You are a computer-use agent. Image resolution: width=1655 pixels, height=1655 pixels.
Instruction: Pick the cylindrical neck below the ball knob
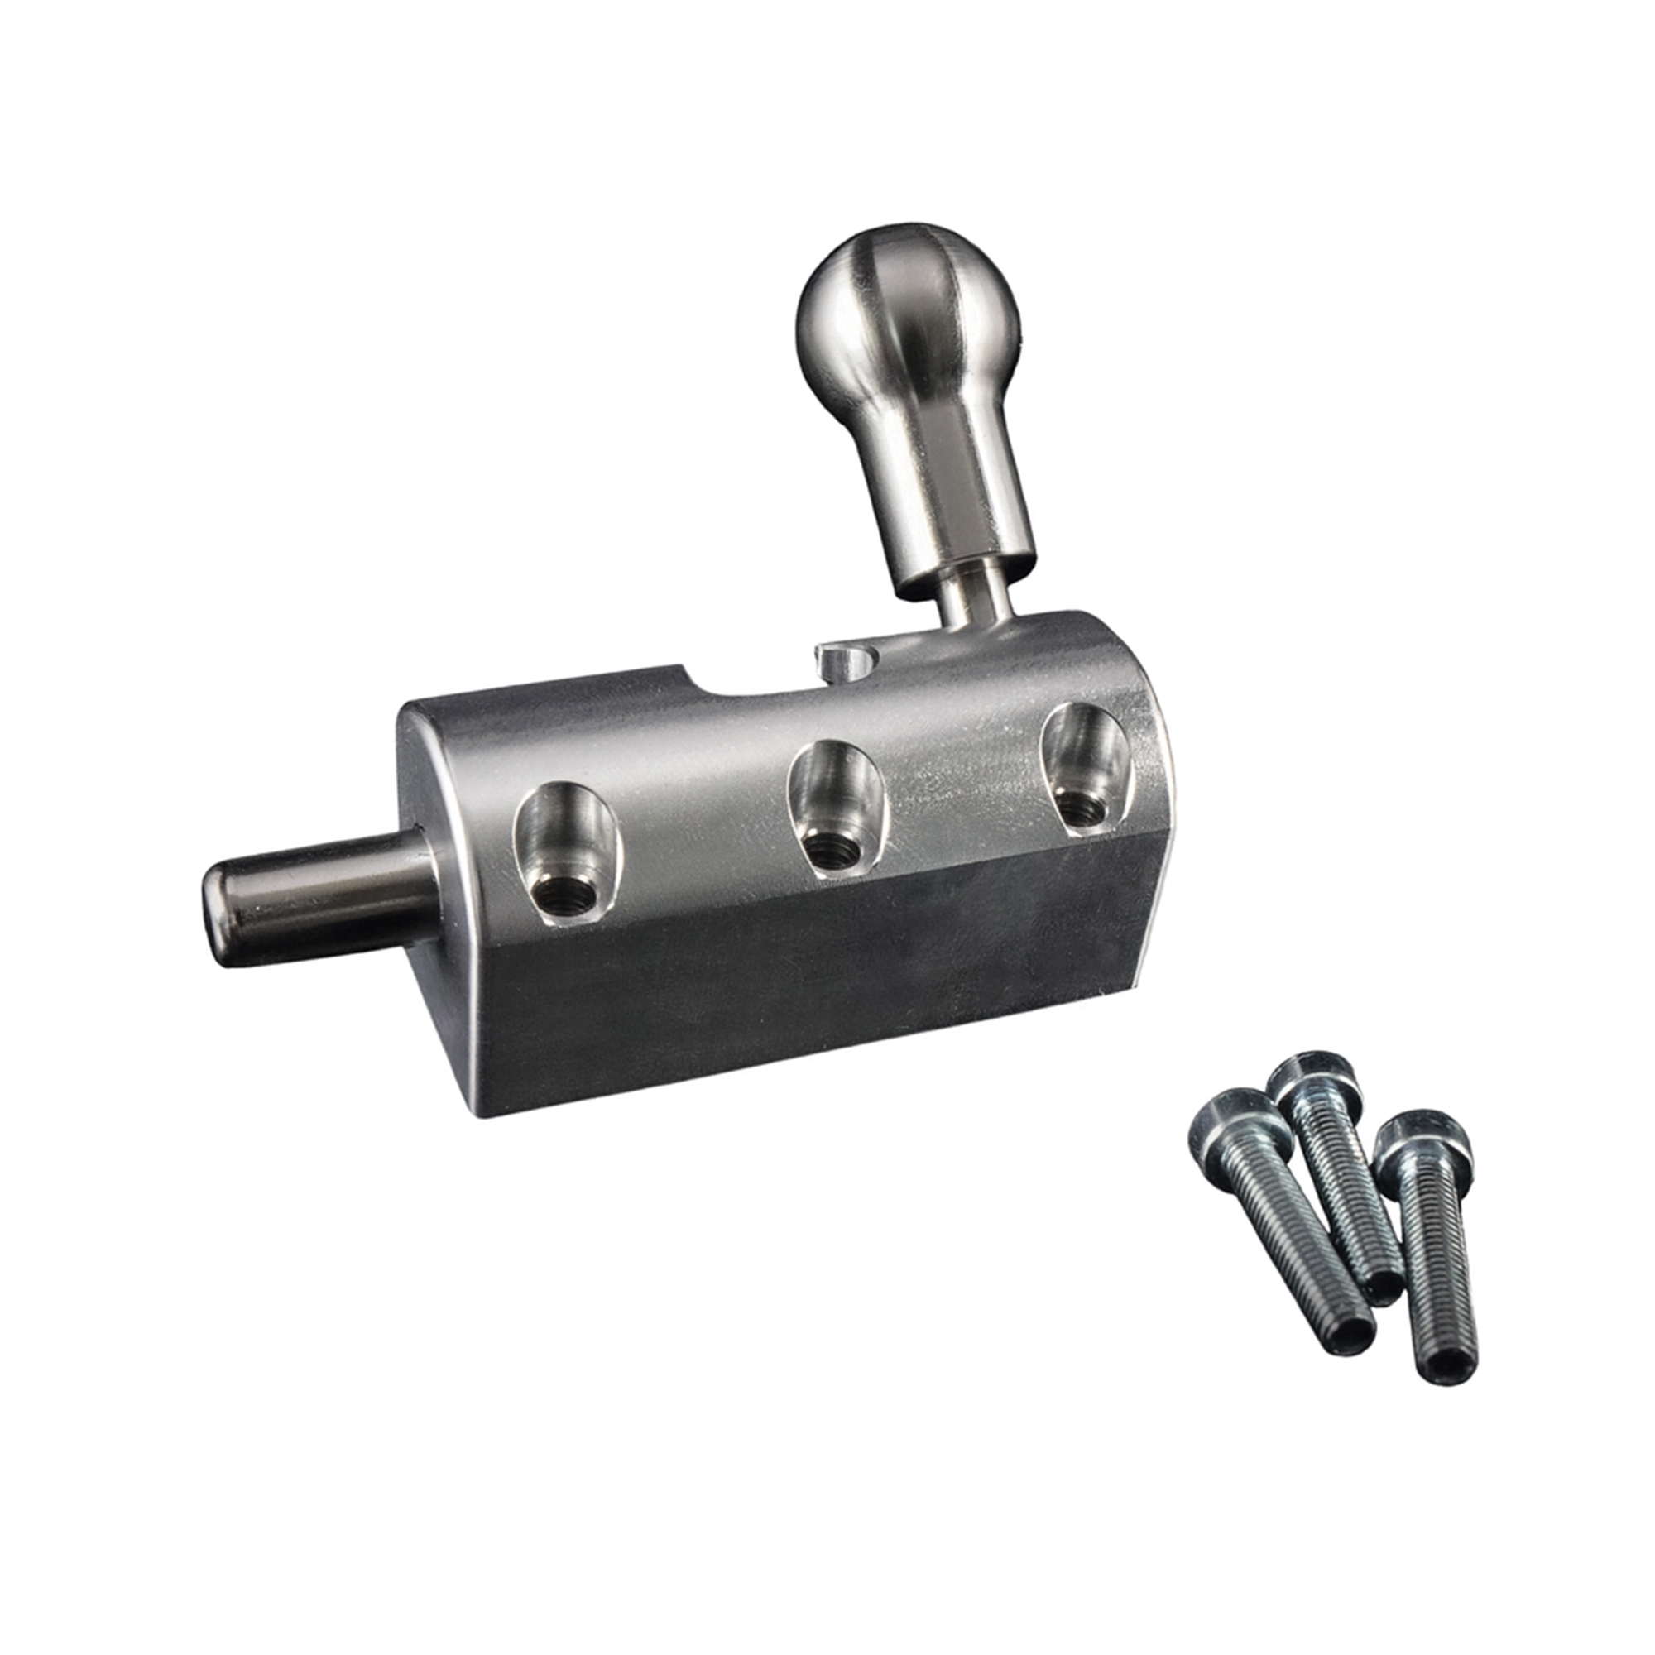[951, 506]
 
